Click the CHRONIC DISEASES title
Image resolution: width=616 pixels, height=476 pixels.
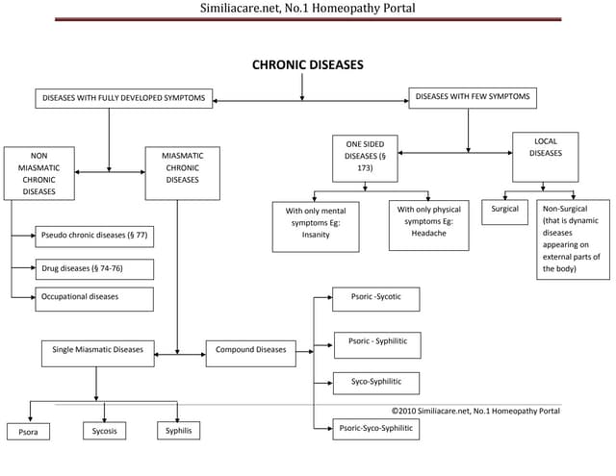coord(307,66)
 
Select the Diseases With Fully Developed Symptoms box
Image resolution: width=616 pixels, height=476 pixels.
coord(123,99)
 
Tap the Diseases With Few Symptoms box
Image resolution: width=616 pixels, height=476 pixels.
coord(473,98)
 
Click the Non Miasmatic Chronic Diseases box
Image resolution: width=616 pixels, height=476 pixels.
coord(38,173)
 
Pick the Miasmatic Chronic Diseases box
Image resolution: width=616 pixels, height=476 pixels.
coord(182,173)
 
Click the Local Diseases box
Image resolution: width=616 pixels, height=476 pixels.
coord(545,157)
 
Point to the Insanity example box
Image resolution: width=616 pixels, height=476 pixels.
coord(316,227)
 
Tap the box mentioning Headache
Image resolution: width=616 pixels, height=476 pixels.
coord(428,226)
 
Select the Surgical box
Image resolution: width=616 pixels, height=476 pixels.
coord(504,213)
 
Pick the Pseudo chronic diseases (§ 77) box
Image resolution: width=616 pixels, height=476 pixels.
coord(94,236)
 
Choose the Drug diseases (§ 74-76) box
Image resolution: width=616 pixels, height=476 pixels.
coord(94,269)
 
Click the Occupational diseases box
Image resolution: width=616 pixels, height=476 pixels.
coord(94,299)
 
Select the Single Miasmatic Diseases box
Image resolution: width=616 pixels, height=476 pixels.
coord(98,353)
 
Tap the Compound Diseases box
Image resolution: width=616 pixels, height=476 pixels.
coord(250,353)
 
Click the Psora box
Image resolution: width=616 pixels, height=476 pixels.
coord(28,433)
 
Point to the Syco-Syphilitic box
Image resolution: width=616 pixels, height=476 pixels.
coord(376,383)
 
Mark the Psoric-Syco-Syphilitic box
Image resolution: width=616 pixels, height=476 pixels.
coord(376,429)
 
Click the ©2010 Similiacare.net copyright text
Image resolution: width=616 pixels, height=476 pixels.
coord(475,412)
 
